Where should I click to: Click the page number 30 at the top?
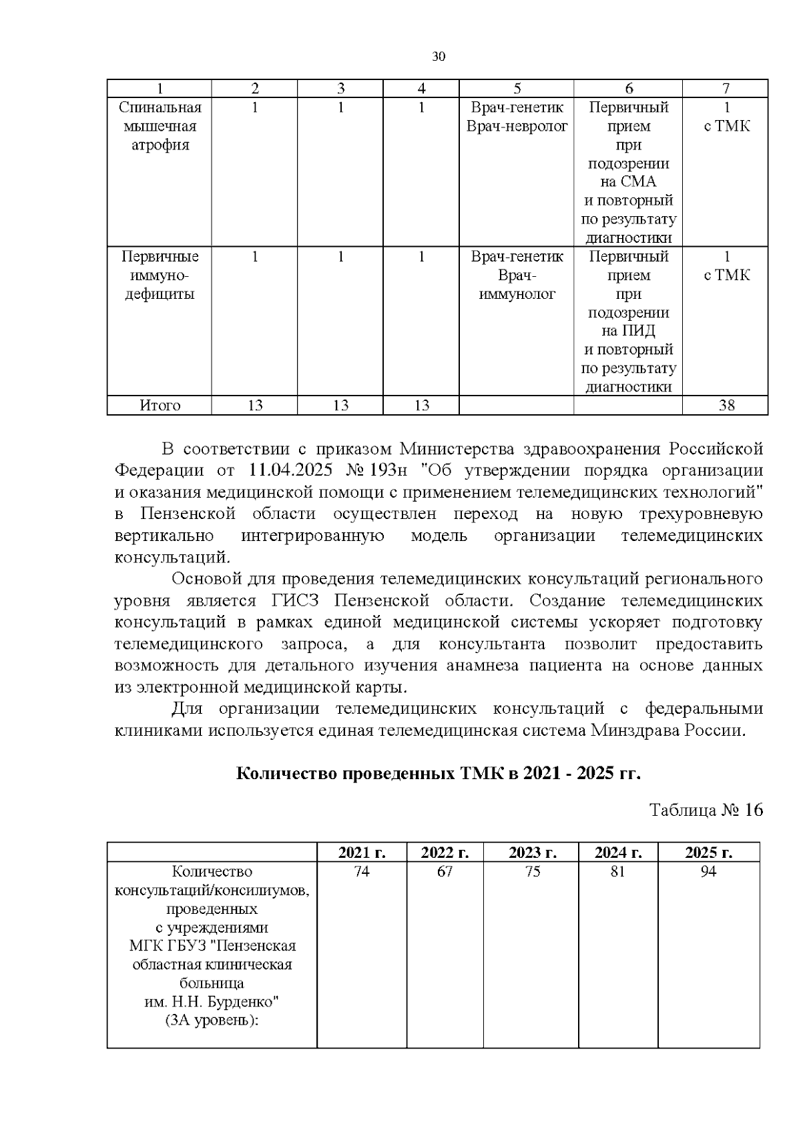(x=439, y=57)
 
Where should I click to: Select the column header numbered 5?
(x=517, y=89)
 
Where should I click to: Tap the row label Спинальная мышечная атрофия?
(x=160, y=126)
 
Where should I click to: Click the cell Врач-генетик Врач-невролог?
(x=517, y=117)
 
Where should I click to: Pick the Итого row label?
(x=160, y=405)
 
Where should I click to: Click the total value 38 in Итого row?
(x=726, y=405)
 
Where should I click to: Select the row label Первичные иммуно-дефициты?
(x=160, y=275)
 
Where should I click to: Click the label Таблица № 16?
(x=706, y=810)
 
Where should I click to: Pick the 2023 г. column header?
(x=532, y=853)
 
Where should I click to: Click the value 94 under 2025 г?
(x=708, y=872)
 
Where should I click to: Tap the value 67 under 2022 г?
(x=445, y=872)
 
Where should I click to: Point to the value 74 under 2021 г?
(x=361, y=872)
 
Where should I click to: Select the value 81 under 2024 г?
(x=617, y=872)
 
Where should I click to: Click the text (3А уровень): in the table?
(x=212, y=1021)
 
